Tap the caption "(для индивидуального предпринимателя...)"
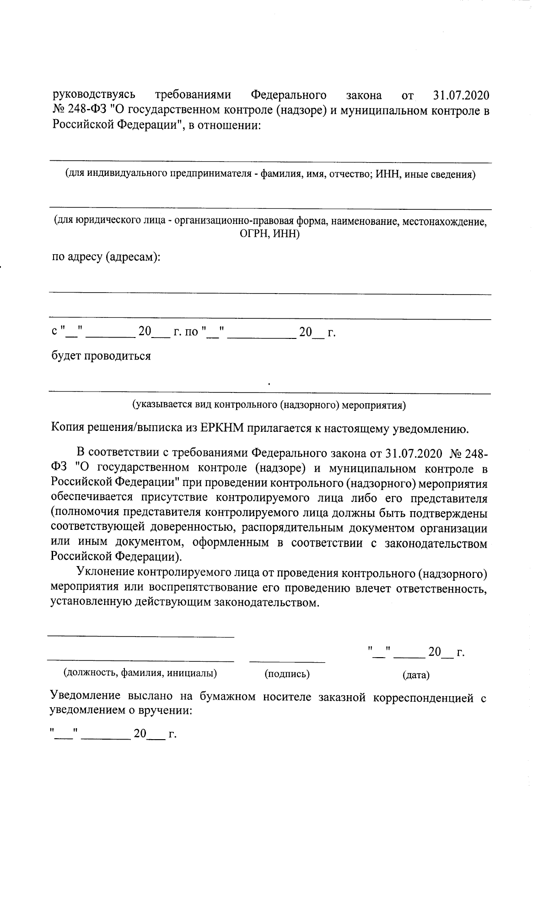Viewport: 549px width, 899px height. click(270, 174)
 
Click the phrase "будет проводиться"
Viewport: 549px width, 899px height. click(101, 356)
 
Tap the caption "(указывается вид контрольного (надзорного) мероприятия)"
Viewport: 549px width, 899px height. click(269, 405)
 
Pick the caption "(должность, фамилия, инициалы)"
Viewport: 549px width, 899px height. click(140, 673)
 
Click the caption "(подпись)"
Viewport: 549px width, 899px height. click(287, 674)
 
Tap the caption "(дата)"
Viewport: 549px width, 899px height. click(416, 675)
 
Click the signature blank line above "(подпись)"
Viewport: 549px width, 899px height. click(287, 661)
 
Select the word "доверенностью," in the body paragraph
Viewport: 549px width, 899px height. click(191, 528)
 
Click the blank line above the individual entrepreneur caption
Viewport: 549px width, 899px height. click(270, 162)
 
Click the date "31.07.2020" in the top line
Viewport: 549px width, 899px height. click(460, 96)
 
